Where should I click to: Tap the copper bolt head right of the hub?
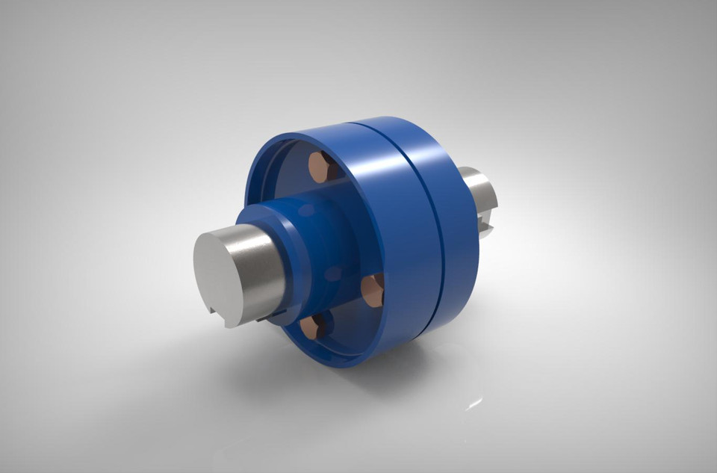(x=373, y=290)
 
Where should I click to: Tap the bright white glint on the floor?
(x=474, y=404)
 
